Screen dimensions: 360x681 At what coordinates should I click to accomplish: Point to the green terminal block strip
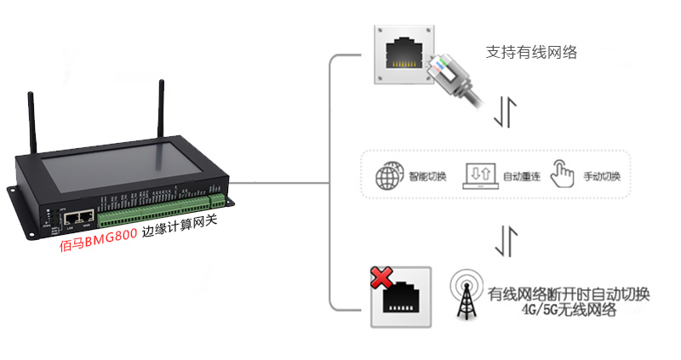pos(162,212)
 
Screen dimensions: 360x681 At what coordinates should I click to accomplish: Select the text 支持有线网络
pos(531,52)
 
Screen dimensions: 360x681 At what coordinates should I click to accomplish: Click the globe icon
pos(389,175)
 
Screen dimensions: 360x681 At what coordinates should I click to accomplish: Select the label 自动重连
pos(522,177)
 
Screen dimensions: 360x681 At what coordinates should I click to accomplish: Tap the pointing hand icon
pos(564,174)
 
